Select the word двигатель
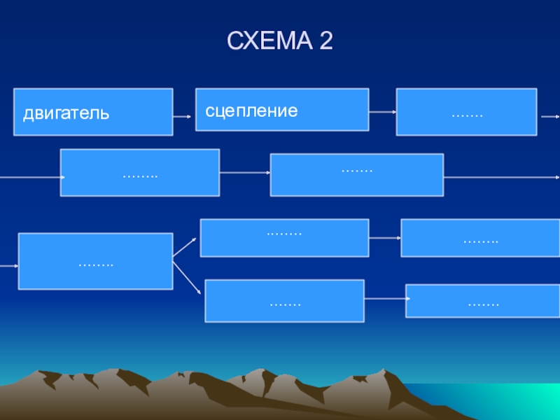point(66,112)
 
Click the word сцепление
point(251,111)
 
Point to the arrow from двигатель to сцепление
point(182,116)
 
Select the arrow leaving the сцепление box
point(382,111)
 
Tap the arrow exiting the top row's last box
point(549,116)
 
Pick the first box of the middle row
point(140,172)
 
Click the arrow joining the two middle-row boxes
point(245,172)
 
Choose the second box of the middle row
point(356,174)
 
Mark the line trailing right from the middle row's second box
point(501,176)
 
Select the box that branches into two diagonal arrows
point(95,261)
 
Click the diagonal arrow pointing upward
point(185,248)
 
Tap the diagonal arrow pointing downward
point(187,276)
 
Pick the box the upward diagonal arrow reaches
point(284,237)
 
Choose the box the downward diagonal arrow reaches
point(284,300)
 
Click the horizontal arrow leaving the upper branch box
point(384,238)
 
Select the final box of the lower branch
point(483,301)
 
